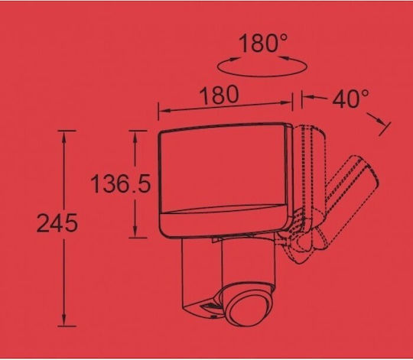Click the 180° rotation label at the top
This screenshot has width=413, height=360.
pos(262,44)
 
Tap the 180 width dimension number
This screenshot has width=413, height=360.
pos(220,95)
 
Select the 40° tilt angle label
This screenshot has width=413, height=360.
pos(350,99)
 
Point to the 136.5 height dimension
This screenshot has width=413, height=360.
pos(121,183)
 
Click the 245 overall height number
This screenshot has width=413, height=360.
pos(57,223)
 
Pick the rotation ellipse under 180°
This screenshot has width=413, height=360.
pos(262,76)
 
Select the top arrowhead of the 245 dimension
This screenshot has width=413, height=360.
pos(63,138)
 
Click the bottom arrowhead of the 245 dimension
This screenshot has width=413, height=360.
pos(63,319)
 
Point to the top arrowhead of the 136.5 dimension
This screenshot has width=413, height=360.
pos(135,138)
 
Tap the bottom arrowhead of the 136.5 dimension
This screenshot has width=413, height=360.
pos(135,230)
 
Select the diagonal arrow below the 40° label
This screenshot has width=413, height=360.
pos(376,119)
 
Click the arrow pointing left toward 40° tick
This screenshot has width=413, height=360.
pos(315,98)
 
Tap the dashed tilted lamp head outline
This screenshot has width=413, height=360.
pos(352,196)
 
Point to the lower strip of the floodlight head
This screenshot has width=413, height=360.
pos(224,221)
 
